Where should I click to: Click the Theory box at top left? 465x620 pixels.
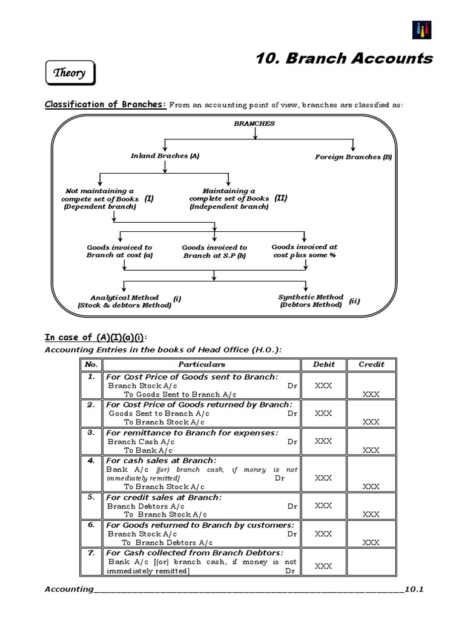[70, 74]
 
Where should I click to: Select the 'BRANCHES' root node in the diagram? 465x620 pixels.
[254, 124]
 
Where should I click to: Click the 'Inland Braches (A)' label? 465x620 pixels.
[165, 156]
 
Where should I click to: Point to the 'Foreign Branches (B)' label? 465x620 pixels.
[353, 157]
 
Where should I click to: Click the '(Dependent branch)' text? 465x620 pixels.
[100, 206]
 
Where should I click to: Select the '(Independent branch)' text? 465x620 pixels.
[228, 206]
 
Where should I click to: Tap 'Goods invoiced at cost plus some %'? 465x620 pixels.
[304, 251]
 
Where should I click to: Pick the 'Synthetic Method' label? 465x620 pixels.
[311, 297]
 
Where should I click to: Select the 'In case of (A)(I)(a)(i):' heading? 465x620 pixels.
[96, 337]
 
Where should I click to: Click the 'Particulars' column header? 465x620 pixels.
[202, 364]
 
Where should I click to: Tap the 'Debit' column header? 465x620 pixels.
[323, 364]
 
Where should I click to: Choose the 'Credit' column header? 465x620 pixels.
[371, 364]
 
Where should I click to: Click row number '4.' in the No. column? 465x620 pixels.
[91, 461]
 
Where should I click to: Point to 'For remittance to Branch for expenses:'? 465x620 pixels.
[192, 432]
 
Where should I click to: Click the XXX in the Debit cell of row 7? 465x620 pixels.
[323, 566]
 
